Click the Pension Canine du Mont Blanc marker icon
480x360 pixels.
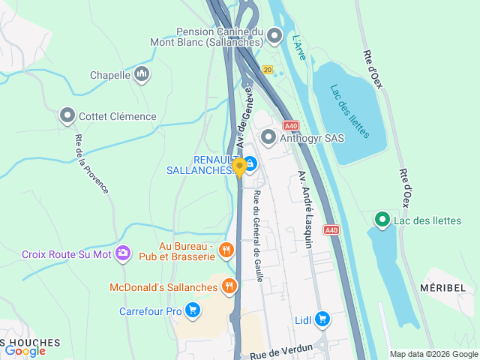tap(275, 35)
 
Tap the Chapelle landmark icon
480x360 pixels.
tap(142, 74)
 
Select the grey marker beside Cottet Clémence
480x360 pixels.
tap(67, 115)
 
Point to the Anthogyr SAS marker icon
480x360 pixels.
tap(268, 137)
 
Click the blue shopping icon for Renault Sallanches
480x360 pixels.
tap(250, 163)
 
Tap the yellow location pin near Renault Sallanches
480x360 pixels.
tap(239, 167)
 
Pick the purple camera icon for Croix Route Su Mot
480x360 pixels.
tap(123, 254)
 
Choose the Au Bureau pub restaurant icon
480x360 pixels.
tap(226, 250)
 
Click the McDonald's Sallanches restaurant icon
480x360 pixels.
tap(229, 286)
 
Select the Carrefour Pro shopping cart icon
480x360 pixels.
tap(193, 310)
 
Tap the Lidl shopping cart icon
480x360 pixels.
tap(322, 319)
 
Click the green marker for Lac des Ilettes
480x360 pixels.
tap(382, 219)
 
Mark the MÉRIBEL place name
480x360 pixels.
tap(448, 288)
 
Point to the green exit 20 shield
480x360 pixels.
tap(267, 69)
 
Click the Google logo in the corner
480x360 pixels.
tap(25, 350)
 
